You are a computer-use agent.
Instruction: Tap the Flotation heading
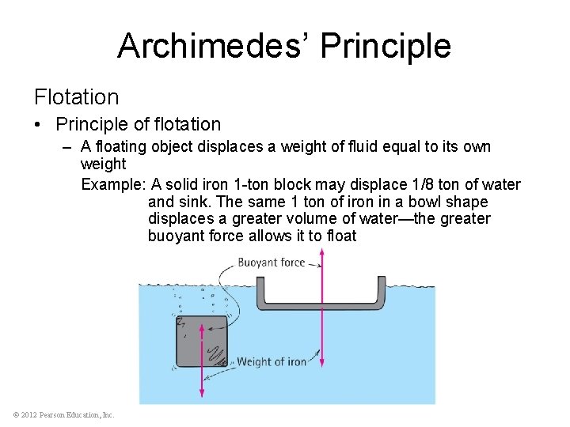[76, 97]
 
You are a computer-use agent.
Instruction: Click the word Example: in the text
[114, 185]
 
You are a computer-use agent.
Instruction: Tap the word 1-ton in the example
[249, 185]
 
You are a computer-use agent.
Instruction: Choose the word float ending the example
[341, 236]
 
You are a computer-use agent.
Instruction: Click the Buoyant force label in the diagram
[271, 262]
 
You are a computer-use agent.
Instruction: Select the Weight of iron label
[272, 362]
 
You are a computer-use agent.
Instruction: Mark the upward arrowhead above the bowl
[321, 254]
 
